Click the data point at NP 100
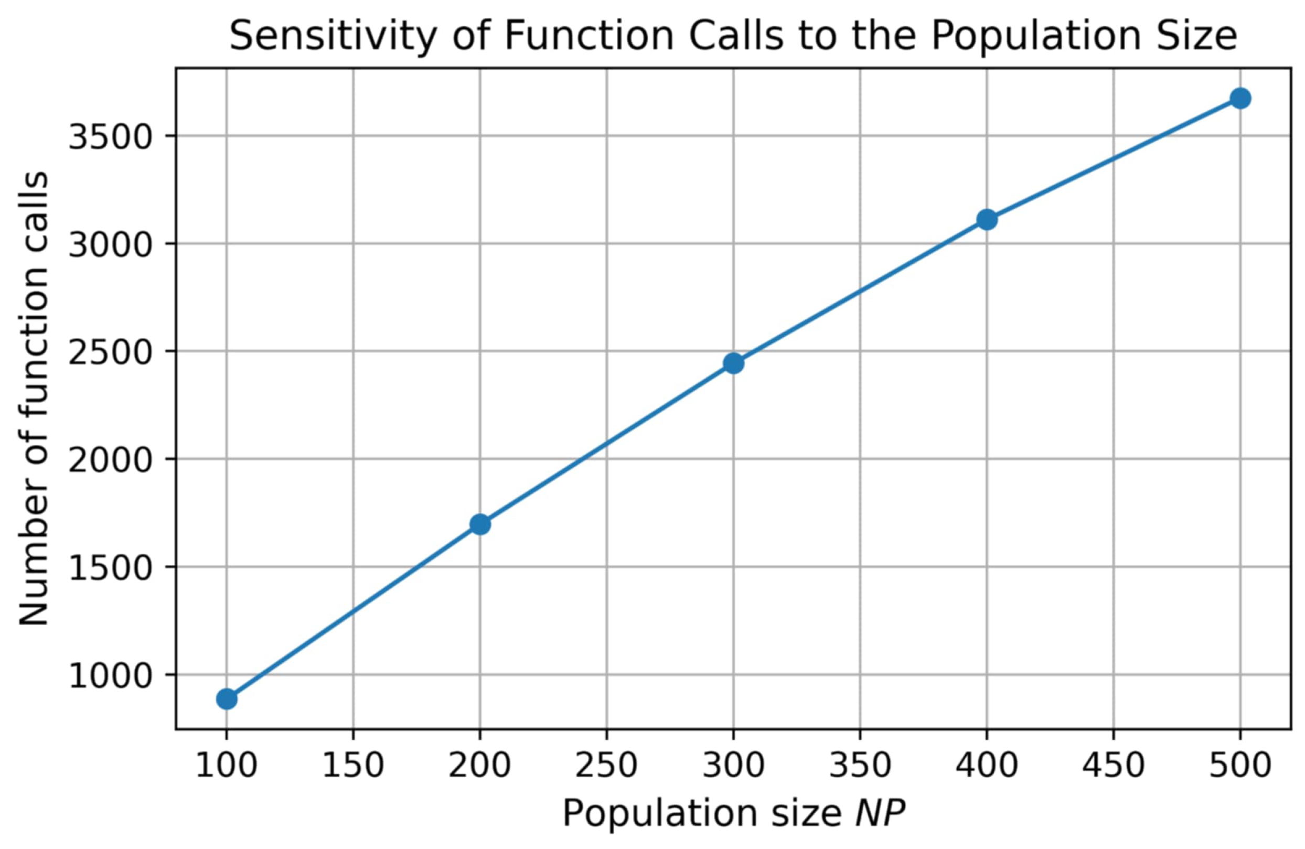(227, 699)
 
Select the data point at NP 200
(480, 524)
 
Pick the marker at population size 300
(733, 363)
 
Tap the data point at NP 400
(987, 220)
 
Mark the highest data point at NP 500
(1240, 99)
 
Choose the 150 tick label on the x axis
(352, 765)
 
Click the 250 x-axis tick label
(606, 765)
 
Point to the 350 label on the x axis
(860, 765)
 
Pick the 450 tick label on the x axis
(1113, 765)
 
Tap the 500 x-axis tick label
(1240, 765)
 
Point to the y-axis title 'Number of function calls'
(34, 399)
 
